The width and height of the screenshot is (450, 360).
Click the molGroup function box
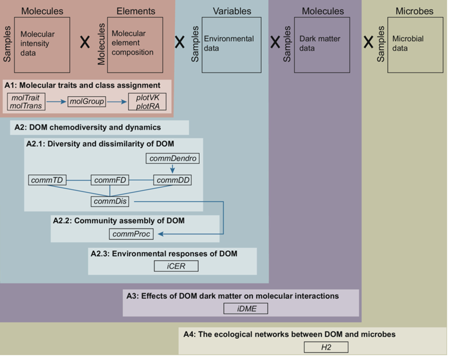[87, 101]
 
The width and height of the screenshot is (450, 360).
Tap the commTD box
[46, 181]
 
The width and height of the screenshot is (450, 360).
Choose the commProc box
[131, 234]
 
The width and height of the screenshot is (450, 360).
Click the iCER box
[176, 266]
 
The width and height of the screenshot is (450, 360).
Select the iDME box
[246, 308]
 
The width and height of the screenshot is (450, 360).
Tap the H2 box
[326, 347]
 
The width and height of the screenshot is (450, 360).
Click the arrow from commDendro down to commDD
[172, 169]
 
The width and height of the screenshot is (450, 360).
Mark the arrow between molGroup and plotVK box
[117, 101]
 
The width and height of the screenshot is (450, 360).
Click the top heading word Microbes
[414, 11]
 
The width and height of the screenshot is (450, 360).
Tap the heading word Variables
[232, 11]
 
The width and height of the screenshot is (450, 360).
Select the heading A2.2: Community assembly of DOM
[119, 221]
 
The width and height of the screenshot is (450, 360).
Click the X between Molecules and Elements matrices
[84, 43]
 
